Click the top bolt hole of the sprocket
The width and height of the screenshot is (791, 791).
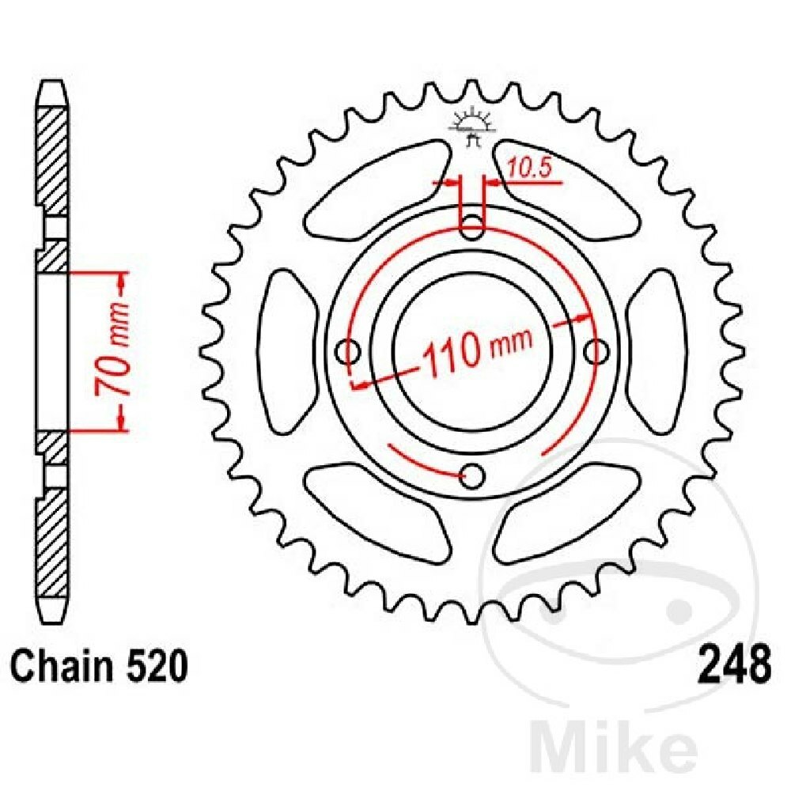(472, 224)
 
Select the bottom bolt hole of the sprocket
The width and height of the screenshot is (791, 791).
(472, 476)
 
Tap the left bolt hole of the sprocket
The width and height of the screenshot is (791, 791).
(346, 350)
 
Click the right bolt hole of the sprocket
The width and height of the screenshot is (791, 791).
(598, 350)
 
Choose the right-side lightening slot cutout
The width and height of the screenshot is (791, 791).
(657, 350)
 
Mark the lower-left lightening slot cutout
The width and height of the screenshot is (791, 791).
(372, 510)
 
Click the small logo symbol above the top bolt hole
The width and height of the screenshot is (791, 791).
(473, 127)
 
